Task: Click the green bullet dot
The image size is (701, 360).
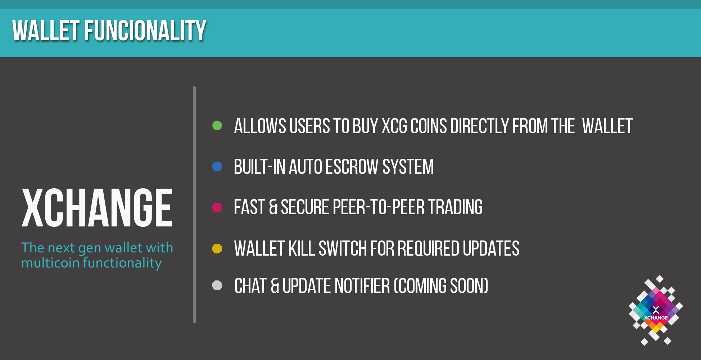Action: [217, 126]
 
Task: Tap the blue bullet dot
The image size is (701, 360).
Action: [217, 166]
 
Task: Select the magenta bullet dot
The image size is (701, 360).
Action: [217, 207]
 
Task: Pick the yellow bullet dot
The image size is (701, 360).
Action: [217, 248]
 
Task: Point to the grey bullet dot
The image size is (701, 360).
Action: [217, 285]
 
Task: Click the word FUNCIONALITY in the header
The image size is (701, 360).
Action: [145, 31]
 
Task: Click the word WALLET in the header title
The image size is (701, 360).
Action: [46, 31]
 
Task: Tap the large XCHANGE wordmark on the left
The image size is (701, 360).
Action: [97, 208]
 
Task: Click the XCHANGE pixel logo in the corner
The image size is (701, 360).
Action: [656, 310]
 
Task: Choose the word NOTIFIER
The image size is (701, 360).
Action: [362, 286]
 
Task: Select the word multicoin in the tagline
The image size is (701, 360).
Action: [50, 263]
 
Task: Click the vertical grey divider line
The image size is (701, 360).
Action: [194, 204]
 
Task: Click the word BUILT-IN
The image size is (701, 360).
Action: [259, 167]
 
